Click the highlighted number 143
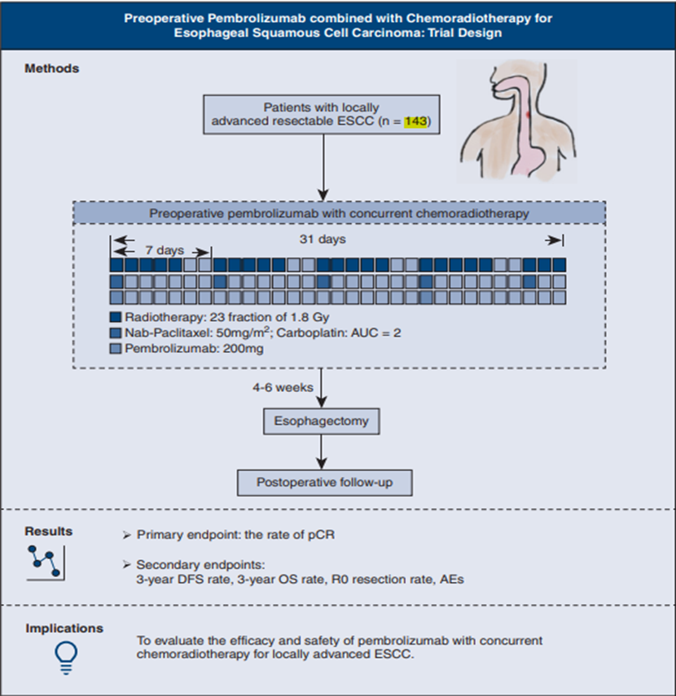[x=416, y=121]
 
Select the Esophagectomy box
[x=322, y=422]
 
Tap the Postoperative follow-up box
[x=323, y=482]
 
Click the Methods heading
[x=52, y=68]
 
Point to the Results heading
[x=49, y=531]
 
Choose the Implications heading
[x=64, y=628]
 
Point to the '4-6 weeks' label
[x=282, y=388]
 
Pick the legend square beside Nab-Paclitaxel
[x=116, y=333]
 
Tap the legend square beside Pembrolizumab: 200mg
[x=116, y=348]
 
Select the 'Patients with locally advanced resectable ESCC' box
[x=323, y=115]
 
